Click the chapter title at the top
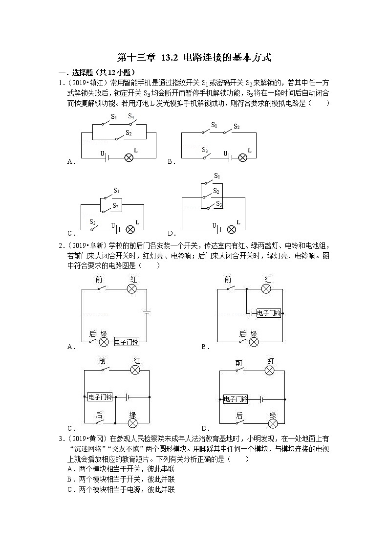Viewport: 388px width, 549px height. (194, 58)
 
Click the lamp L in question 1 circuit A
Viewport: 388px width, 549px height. (129, 157)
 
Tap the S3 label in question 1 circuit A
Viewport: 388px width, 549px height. (131, 116)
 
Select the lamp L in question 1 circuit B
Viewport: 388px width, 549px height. (242, 157)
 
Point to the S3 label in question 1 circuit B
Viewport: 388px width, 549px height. (205, 150)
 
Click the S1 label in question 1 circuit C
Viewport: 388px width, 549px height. (116, 190)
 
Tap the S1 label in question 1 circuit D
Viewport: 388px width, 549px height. (217, 176)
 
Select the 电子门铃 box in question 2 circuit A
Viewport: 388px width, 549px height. (127, 342)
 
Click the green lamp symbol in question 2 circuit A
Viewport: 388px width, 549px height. (104, 342)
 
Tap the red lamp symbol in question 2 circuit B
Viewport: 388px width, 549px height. (266, 289)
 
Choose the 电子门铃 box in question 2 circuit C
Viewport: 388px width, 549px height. (100, 396)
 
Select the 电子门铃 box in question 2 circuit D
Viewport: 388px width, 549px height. (236, 398)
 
